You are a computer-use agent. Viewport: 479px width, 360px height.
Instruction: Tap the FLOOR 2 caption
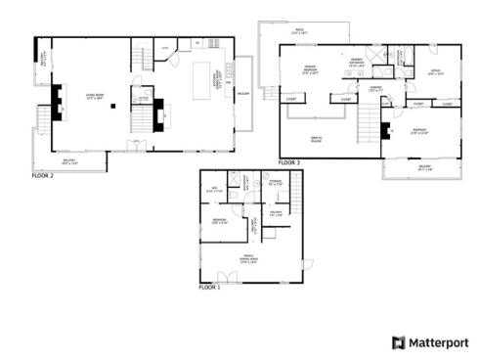tap(42, 176)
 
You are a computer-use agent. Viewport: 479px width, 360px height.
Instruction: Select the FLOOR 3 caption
tap(289, 161)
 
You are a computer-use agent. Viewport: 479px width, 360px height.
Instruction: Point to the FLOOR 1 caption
tap(209, 288)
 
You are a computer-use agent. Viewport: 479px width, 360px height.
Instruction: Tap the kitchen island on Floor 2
tap(204, 76)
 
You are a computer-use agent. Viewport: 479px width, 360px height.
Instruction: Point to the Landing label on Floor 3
tap(375, 90)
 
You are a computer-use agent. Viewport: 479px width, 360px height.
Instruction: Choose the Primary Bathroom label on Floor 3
tap(357, 65)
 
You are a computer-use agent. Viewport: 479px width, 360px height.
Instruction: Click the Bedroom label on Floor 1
tap(220, 222)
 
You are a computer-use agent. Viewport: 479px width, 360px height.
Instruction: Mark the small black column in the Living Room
tap(115, 109)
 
